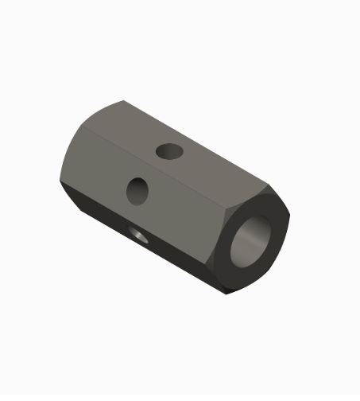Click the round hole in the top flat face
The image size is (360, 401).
pyautogui.click(x=168, y=150)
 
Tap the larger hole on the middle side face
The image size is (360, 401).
pyautogui.click(x=138, y=190)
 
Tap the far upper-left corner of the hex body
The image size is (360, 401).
pyautogui.click(x=122, y=101)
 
